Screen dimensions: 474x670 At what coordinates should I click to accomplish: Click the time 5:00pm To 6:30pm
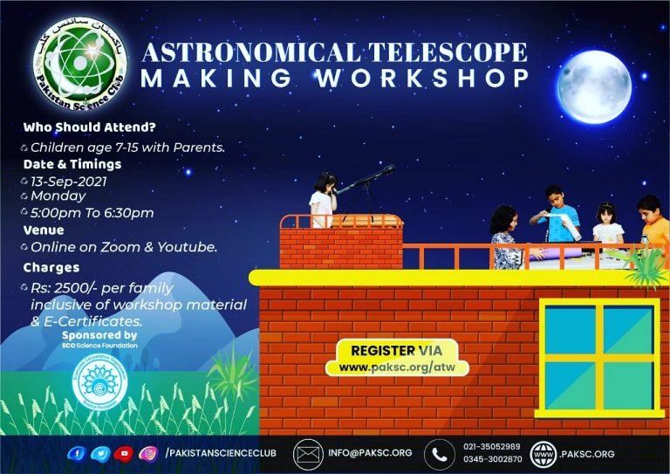pyautogui.click(x=92, y=213)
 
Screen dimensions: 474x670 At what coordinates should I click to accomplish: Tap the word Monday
pyautogui.click(x=58, y=196)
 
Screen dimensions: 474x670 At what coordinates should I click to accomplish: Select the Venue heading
pyautogui.click(x=44, y=230)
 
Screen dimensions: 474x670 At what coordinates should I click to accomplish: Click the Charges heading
pyautogui.click(x=51, y=268)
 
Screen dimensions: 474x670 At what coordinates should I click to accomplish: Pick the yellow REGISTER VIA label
pyautogui.click(x=396, y=350)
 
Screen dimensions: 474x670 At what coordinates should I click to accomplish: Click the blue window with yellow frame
pyautogui.click(x=598, y=357)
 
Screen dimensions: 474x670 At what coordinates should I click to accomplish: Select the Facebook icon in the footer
pyautogui.click(x=79, y=453)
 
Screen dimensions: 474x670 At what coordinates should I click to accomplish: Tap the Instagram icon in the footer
pyautogui.click(x=149, y=453)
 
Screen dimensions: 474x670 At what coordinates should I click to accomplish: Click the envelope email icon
pyautogui.click(x=307, y=454)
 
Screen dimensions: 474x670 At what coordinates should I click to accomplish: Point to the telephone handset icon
pyautogui.click(x=439, y=454)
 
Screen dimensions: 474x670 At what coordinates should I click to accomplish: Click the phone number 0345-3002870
pyautogui.click(x=492, y=459)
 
